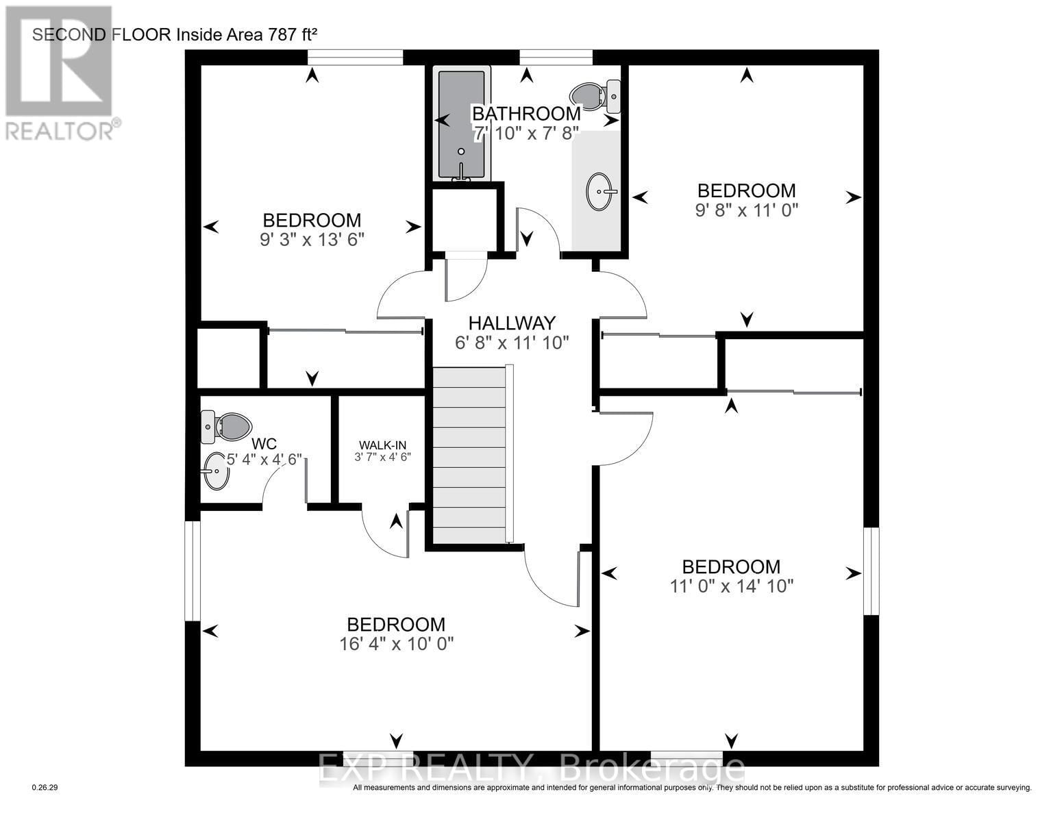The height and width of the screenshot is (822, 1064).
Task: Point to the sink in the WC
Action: click(x=216, y=471)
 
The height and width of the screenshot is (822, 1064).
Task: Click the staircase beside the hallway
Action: click(x=471, y=456)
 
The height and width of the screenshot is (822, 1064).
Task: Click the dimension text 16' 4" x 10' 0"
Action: click(x=397, y=644)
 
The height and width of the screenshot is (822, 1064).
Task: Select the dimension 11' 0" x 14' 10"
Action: click(x=731, y=586)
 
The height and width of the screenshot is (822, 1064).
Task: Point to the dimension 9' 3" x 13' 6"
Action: click(x=312, y=240)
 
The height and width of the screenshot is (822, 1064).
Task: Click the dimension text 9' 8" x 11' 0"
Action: click(x=746, y=210)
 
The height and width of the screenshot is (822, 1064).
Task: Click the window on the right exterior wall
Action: click(x=871, y=571)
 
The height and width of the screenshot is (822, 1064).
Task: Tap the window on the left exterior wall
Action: click(x=193, y=571)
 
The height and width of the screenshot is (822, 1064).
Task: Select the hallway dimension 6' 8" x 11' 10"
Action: click(x=512, y=342)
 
